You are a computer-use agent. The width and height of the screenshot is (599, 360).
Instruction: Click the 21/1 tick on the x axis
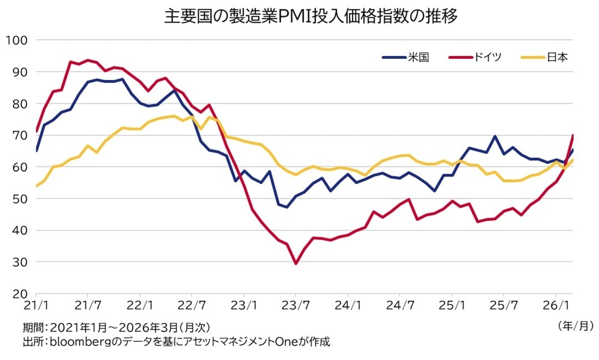pos(36,305)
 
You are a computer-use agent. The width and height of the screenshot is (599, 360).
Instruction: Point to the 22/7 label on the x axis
pos(192,305)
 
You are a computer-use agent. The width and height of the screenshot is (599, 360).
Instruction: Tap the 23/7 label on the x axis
pos(296,305)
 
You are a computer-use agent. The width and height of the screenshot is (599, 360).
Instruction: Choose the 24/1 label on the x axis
pos(348,305)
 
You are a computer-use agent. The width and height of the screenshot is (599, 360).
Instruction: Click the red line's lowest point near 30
pos(296,263)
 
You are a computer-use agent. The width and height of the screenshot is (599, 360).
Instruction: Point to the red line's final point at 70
pos(573,135)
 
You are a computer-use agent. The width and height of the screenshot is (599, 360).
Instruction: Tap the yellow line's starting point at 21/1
pos(36,186)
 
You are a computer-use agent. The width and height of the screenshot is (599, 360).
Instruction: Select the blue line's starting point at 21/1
pos(36,151)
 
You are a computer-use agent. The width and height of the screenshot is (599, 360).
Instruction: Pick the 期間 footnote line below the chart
pos(117,327)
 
